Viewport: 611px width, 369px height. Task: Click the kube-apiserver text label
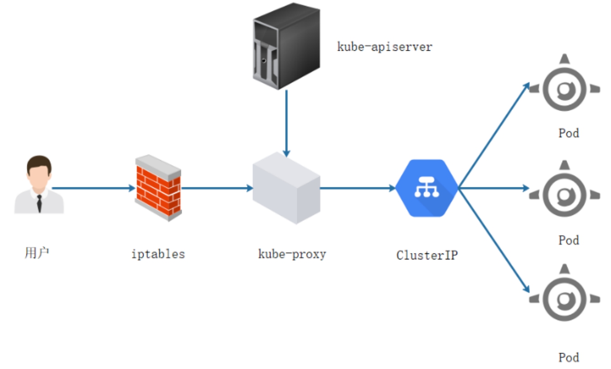click(x=384, y=47)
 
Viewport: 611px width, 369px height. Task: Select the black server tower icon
click(x=286, y=46)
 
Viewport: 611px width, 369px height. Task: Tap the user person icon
click(x=39, y=185)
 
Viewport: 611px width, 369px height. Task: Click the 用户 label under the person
click(x=37, y=252)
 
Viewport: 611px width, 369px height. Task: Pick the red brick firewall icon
click(x=158, y=188)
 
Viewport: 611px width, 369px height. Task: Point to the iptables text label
click(x=158, y=254)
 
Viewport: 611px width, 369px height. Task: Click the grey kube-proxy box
click(x=286, y=188)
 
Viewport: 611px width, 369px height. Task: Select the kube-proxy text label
click(x=292, y=254)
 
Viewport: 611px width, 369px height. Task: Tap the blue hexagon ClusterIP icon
click(x=427, y=188)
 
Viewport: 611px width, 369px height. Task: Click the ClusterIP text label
click(x=427, y=255)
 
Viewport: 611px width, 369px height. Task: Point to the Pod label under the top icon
click(x=569, y=133)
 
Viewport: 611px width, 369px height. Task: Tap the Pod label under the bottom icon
click(x=569, y=357)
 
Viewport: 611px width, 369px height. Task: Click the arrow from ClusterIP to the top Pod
click(x=493, y=136)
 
